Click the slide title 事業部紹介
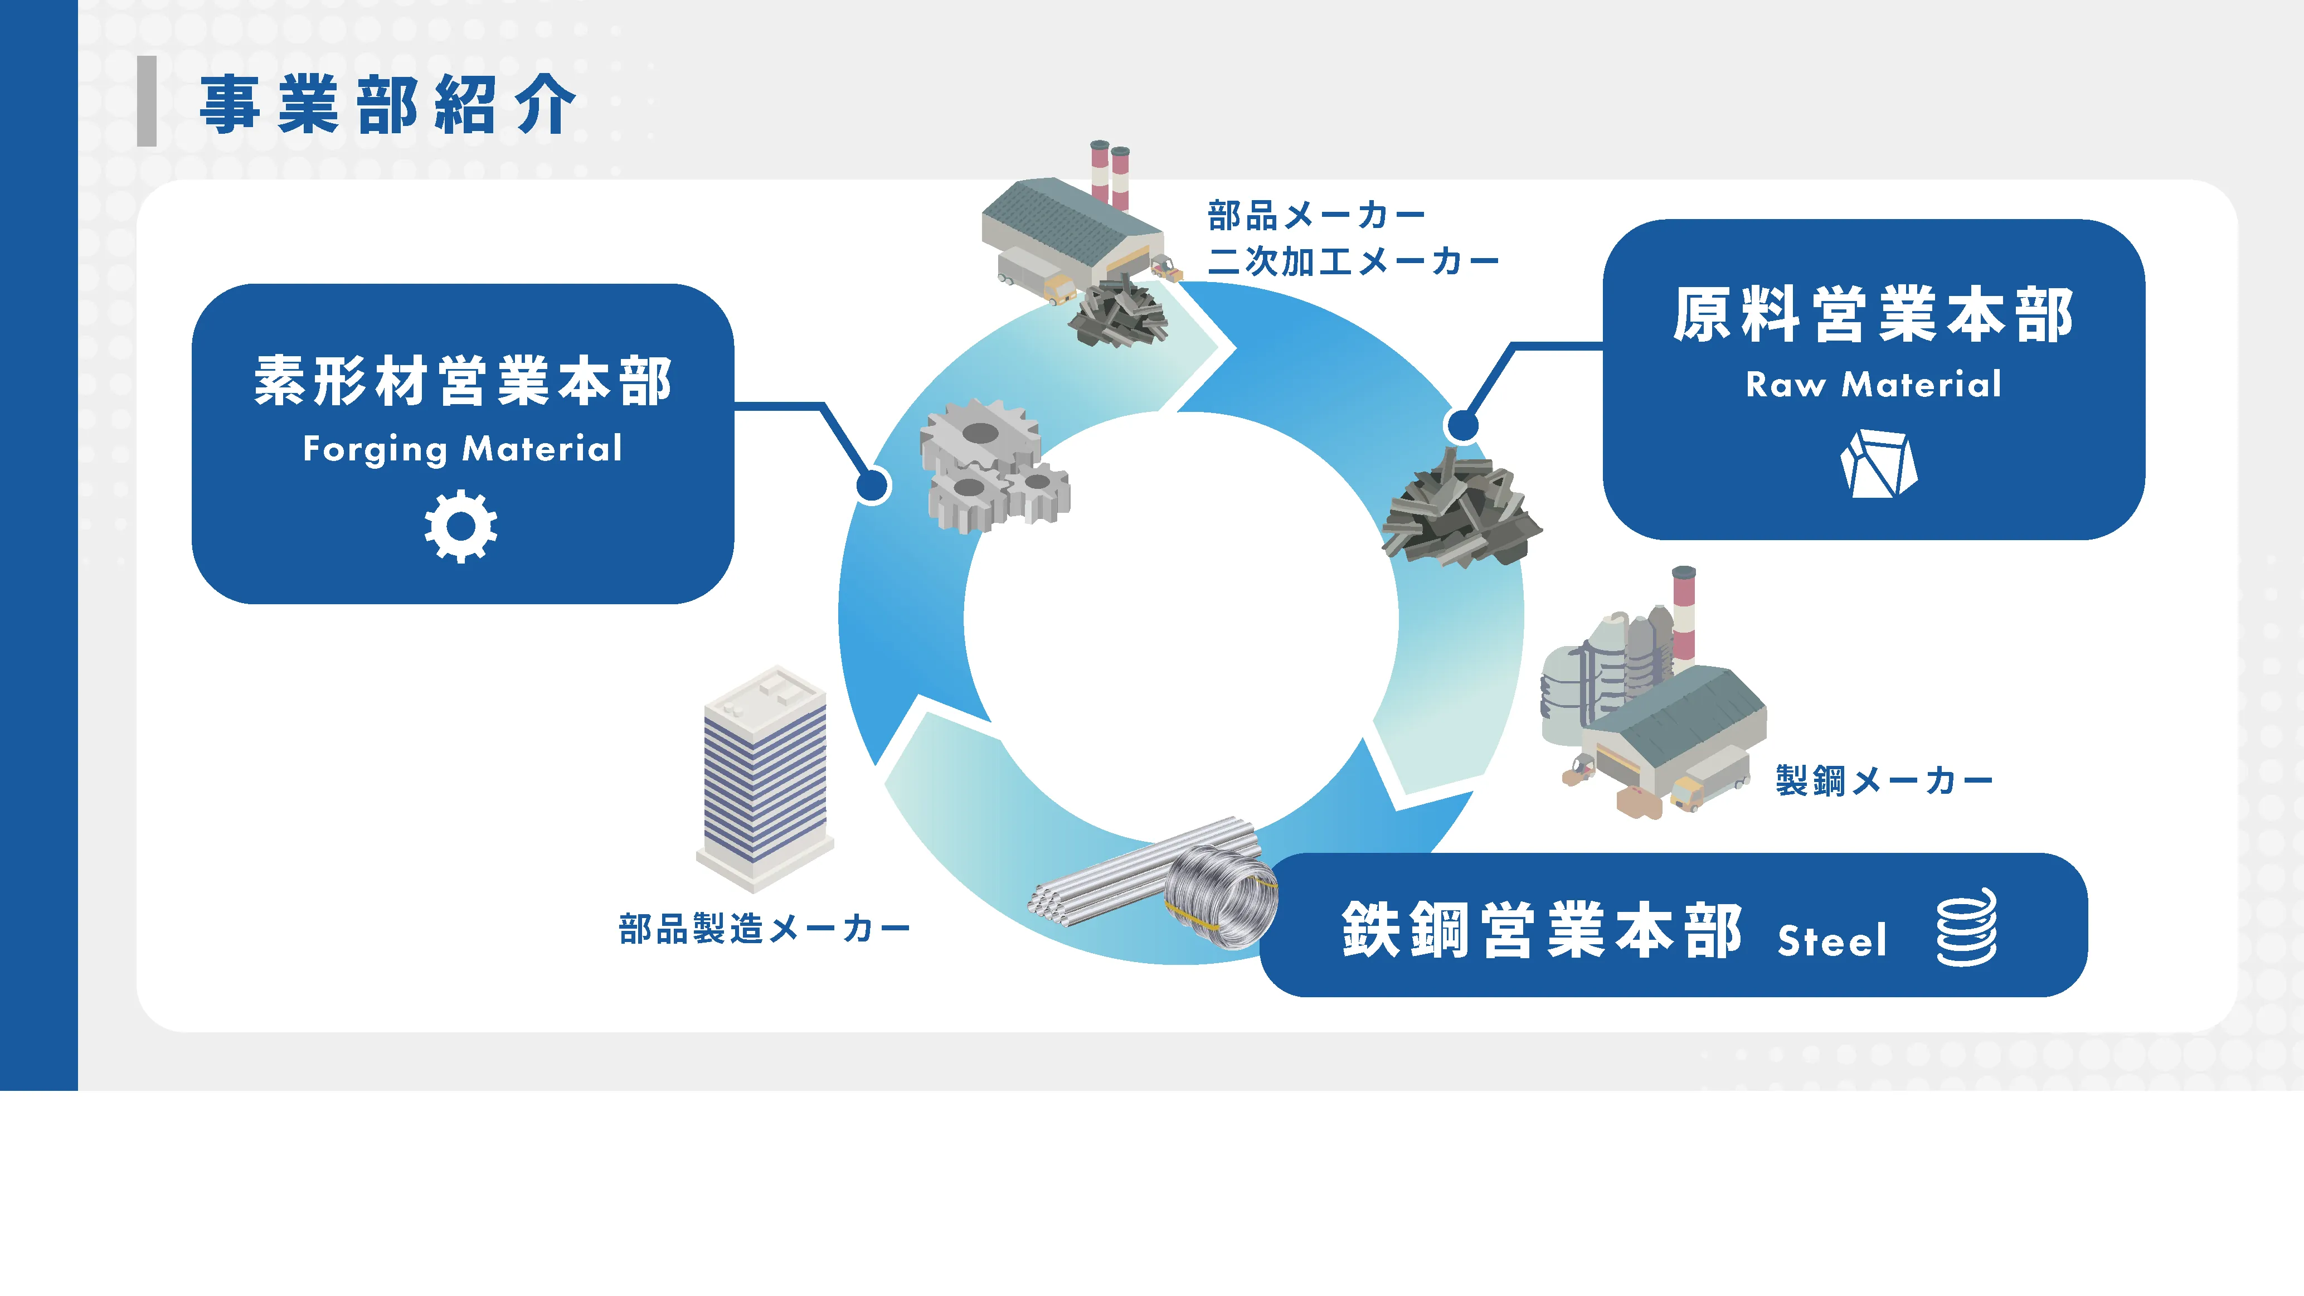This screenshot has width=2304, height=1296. coord(386,105)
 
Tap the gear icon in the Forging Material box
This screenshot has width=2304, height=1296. coord(460,526)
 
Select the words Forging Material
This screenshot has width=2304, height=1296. coord(463,449)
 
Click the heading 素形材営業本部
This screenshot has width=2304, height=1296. coord(463,381)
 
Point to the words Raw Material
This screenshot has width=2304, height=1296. coord(1873,385)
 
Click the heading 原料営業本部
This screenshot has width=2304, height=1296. coord(1873,315)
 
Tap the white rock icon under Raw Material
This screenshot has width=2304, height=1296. coord(1878,463)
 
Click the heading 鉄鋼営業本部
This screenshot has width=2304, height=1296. coord(1541,930)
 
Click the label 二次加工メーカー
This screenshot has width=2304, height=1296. coord(1352,262)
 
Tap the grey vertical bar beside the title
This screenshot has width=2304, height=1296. coord(147,101)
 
